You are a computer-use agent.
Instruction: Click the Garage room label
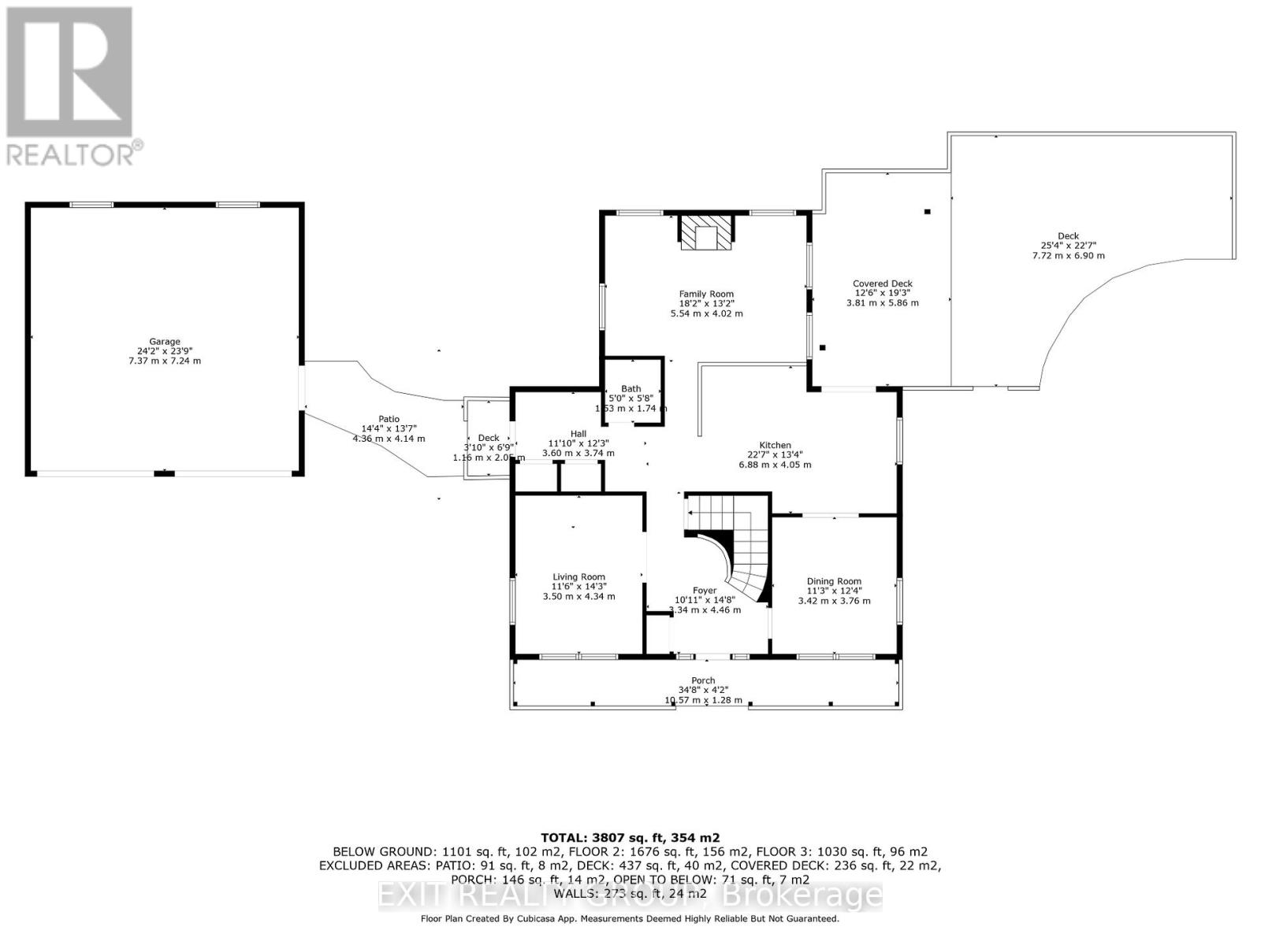(166, 342)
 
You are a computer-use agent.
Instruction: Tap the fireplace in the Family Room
(706, 234)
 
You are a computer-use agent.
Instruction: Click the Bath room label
(630, 388)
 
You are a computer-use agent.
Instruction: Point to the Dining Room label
(834, 581)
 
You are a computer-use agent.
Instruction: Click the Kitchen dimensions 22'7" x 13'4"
(775, 454)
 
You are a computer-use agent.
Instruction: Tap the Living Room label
(578, 576)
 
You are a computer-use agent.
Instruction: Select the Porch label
(703, 680)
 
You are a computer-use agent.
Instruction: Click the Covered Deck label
(882, 283)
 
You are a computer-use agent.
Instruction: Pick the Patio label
(388, 419)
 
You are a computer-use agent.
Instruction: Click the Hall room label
(578, 434)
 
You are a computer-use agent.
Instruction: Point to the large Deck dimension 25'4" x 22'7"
(1068, 246)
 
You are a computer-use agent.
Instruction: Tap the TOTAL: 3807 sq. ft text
(630, 837)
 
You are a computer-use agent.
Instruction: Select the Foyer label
(705, 591)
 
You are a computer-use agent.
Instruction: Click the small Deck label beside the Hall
(489, 438)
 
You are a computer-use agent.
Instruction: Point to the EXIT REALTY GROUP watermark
(630, 895)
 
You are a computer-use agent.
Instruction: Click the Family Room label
(706, 294)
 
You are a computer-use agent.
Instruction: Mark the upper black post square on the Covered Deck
(928, 211)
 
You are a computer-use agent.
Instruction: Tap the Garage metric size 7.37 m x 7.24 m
(166, 361)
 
